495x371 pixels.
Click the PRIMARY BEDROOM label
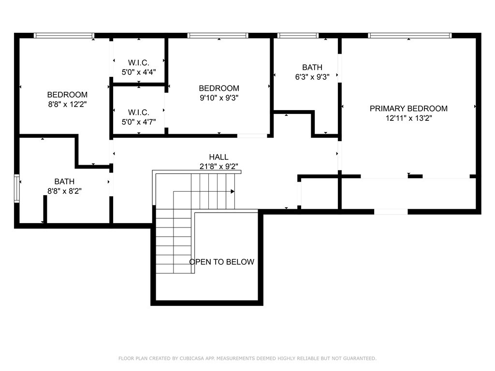[408, 109]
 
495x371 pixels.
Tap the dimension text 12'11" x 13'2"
[408, 118]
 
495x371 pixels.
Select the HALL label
[218, 157]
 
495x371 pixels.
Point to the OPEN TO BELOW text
[221, 262]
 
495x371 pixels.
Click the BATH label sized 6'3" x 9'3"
[312, 67]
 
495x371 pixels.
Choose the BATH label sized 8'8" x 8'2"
[64, 182]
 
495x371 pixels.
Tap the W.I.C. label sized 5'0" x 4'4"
[139, 62]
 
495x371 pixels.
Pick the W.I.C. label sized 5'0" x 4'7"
[139, 112]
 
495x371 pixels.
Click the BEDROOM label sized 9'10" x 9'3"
[219, 88]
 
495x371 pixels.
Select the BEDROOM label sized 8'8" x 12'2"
[67, 95]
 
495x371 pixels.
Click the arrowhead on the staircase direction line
[233, 191]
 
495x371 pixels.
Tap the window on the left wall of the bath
[17, 188]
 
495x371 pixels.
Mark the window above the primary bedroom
[410, 36]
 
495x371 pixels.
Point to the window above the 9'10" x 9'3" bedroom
[218, 36]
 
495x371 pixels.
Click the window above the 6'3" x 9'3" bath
[298, 36]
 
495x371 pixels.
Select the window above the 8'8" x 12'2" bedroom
[64, 36]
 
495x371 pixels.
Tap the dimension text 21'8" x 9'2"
[218, 166]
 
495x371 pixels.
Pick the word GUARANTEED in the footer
[360, 358]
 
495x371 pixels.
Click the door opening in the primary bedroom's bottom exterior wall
[391, 212]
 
